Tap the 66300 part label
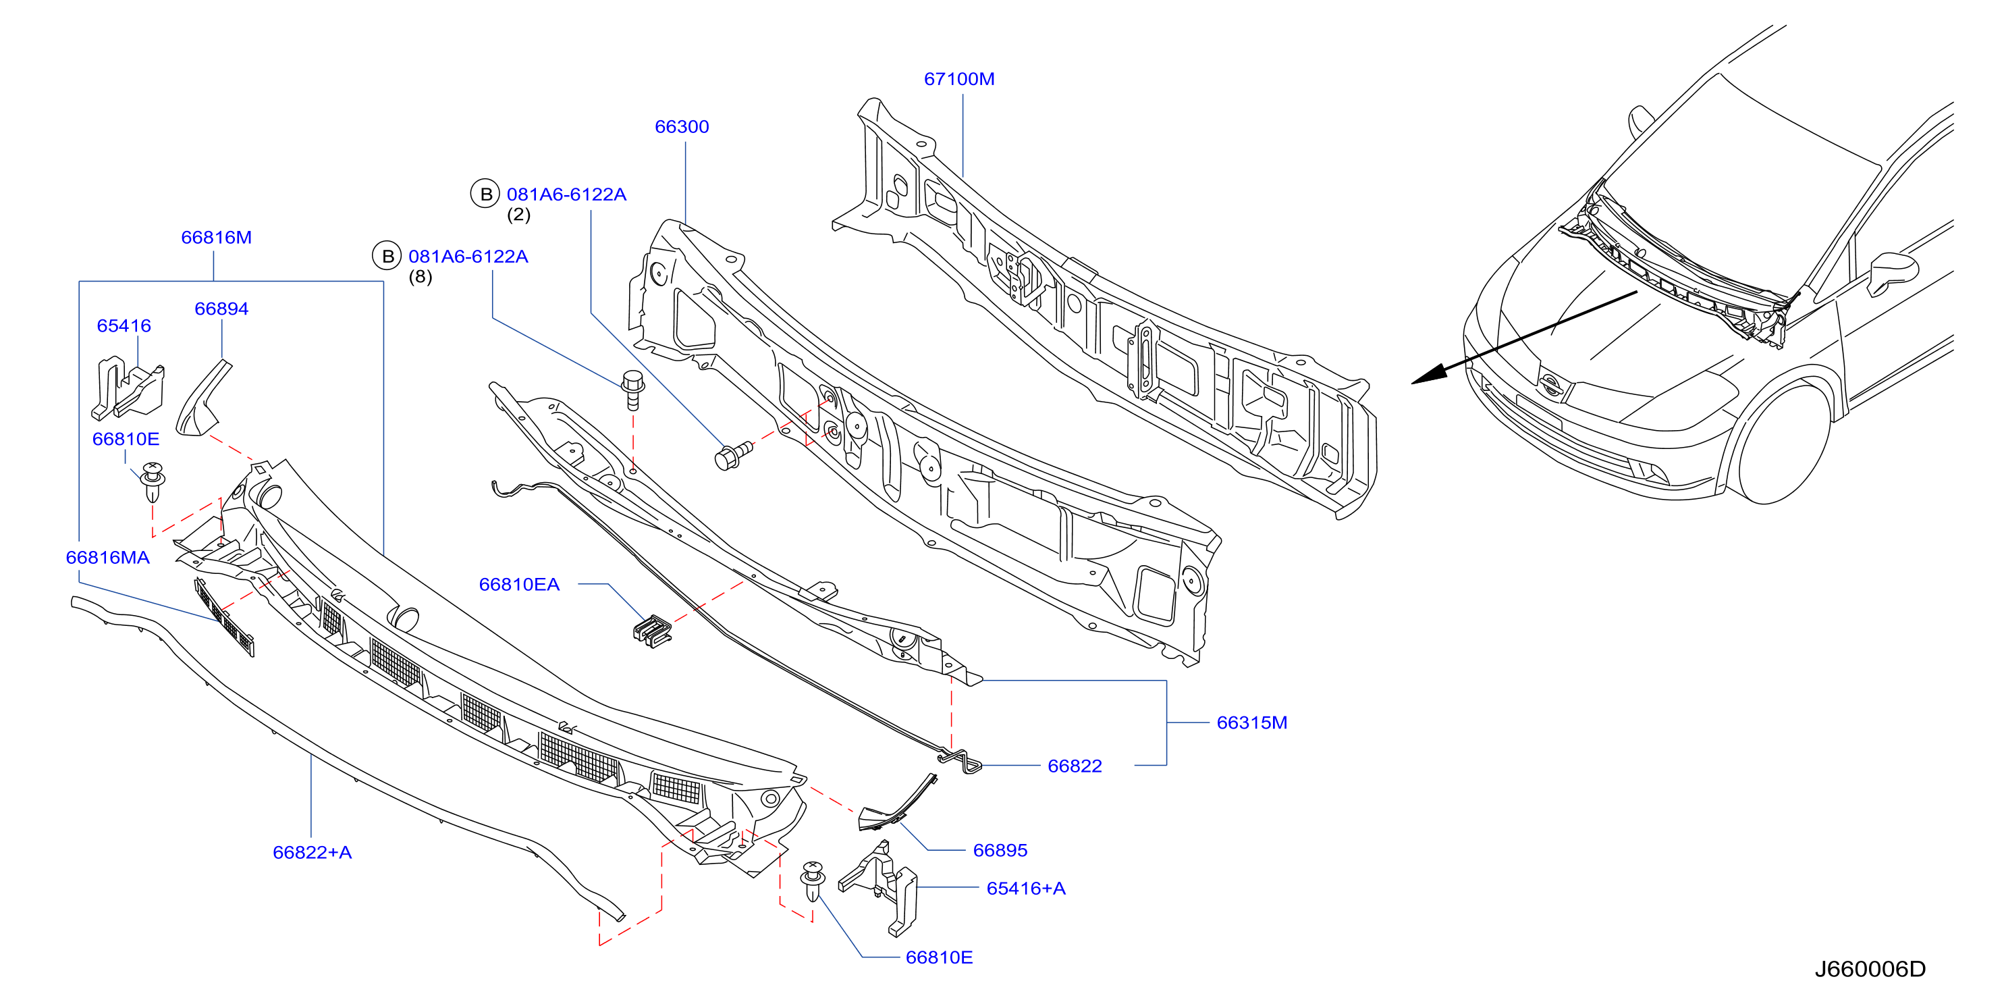point(682,126)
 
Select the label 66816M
point(216,237)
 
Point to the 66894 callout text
point(221,308)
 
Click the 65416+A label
point(1025,888)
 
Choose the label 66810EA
point(519,584)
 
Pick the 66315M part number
point(1251,722)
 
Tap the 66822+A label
point(312,852)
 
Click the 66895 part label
point(1000,850)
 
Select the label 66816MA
point(107,557)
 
